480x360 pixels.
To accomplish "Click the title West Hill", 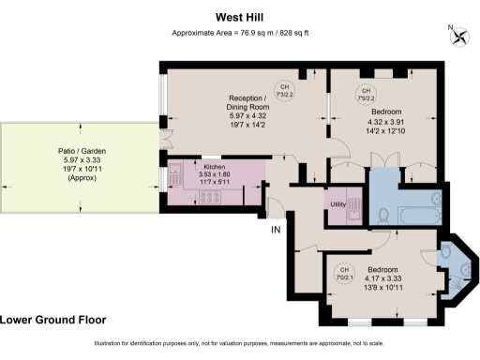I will coord(239,16).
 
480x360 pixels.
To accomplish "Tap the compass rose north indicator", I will coord(459,37).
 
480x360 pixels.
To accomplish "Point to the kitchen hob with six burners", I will coord(208,197).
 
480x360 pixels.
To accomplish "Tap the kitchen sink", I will coord(175,173).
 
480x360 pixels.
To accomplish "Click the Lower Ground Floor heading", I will coord(53,320).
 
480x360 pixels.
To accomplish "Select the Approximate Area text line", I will coord(239,33).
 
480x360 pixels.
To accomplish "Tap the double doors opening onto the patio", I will coord(165,146).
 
